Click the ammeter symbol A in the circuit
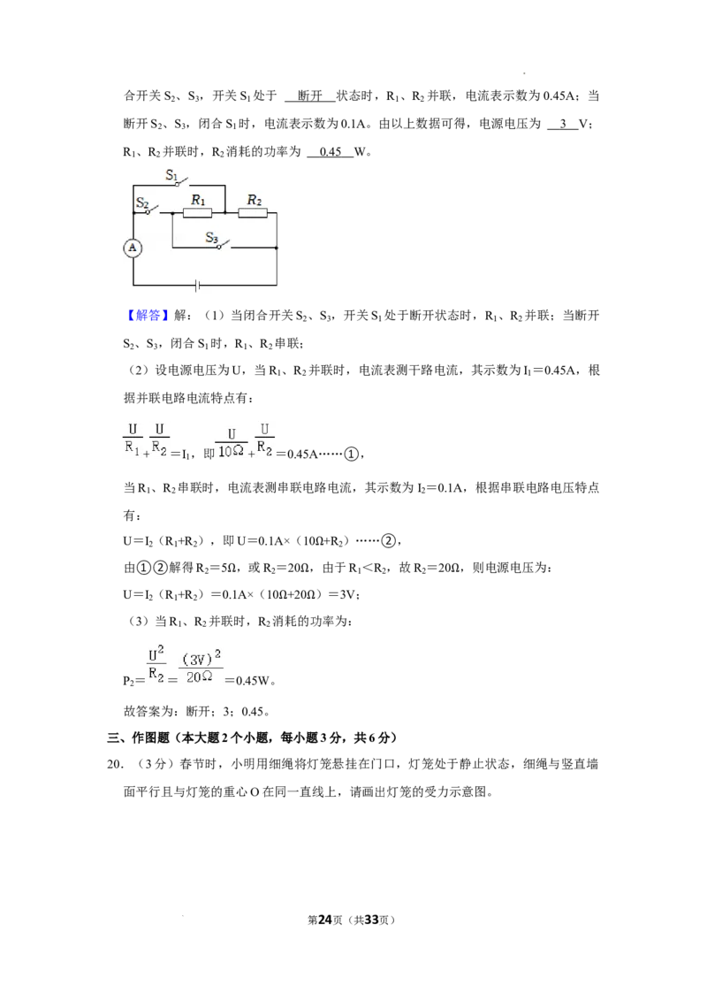[x=133, y=248]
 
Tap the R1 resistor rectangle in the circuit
[x=197, y=212]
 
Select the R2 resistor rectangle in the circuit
[x=253, y=212]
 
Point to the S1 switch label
[x=171, y=175]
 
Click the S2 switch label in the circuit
[x=141, y=203]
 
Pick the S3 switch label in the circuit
[x=212, y=238]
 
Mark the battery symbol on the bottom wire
[x=197, y=285]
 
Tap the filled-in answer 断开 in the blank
[x=310, y=96]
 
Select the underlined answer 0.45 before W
[x=331, y=152]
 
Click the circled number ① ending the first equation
[x=352, y=454]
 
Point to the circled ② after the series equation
[x=389, y=541]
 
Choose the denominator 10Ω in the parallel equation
[x=231, y=451]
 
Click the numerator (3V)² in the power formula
[x=201, y=658]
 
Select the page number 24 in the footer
[x=325, y=920]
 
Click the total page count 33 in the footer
[x=371, y=920]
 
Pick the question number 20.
[x=114, y=764]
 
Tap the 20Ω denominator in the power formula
[x=199, y=676]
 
